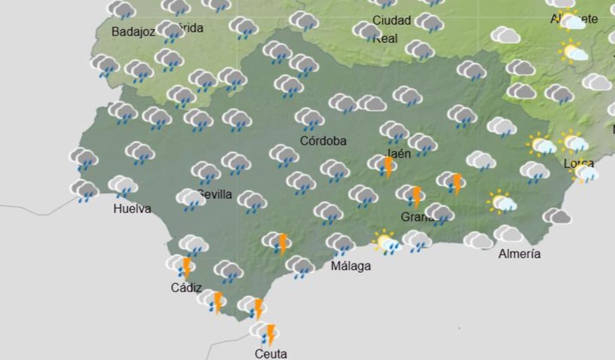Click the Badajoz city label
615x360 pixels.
[x=133, y=32]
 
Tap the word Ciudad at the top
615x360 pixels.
[x=392, y=20]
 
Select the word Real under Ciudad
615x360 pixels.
[x=385, y=38]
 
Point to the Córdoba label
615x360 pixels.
[x=323, y=141]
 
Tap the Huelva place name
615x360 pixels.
[x=132, y=209]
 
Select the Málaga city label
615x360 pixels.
[x=351, y=266]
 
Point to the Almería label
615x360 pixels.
[x=519, y=253]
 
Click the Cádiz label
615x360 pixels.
[x=186, y=288]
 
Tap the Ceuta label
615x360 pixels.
[x=271, y=353]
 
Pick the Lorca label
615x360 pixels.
[x=579, y=164]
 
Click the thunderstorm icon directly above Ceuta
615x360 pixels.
[x=265, y=332]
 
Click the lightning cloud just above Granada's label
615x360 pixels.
[x=411, y=195]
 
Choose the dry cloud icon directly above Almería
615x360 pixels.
[x=508, y=234]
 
